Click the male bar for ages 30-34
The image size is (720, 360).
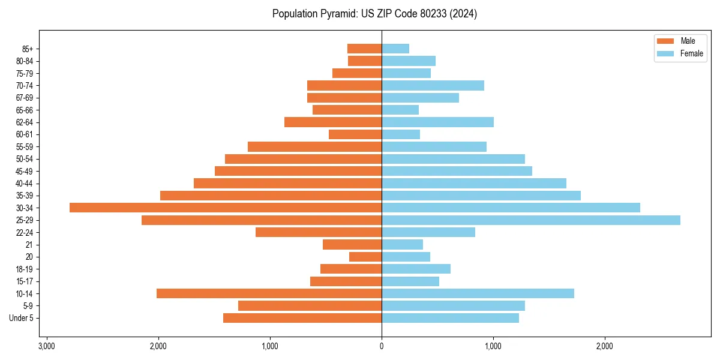226,208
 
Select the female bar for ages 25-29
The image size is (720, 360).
531,220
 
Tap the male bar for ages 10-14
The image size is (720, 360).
269,293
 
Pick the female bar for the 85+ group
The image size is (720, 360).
395,49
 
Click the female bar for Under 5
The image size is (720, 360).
450,318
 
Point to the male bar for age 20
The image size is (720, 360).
365,257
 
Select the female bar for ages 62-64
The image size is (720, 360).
437,122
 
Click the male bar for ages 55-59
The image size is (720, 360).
314,147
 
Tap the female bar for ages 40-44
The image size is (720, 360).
474,183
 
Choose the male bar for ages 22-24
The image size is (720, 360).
319,232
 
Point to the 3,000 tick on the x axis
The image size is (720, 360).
47,346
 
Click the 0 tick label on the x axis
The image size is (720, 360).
382,346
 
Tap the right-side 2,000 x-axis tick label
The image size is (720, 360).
605,346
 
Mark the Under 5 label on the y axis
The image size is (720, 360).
21,318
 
